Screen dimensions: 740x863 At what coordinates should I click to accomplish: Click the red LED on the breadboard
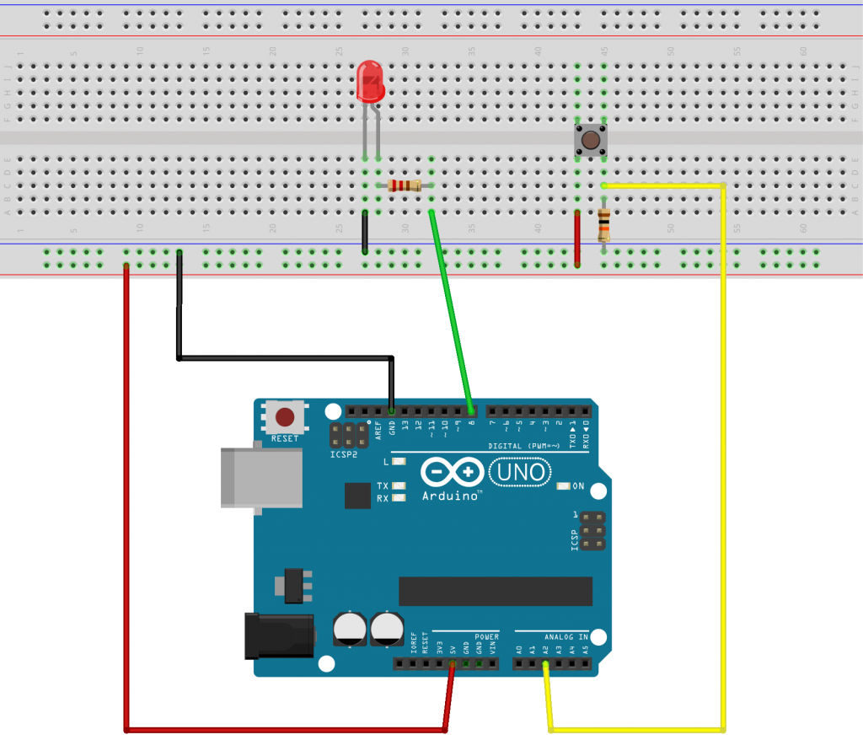(371, 81)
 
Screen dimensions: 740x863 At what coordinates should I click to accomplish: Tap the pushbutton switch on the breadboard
(591, 140)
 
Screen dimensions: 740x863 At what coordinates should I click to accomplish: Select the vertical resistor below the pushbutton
(603, 226)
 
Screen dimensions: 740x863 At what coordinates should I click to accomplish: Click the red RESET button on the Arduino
(286, 417)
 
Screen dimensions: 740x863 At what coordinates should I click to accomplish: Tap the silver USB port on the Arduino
(261, 477)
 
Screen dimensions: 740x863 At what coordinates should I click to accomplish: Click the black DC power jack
(278, 636)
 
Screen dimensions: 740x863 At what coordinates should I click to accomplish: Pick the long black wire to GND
(287, 358)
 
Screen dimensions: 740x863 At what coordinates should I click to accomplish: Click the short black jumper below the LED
(364, 232)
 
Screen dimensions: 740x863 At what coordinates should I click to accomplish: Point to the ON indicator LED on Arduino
(565, 486)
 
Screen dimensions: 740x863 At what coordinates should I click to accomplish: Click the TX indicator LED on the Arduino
(399, 486)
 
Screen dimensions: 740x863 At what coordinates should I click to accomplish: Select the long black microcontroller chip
(496, 591)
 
